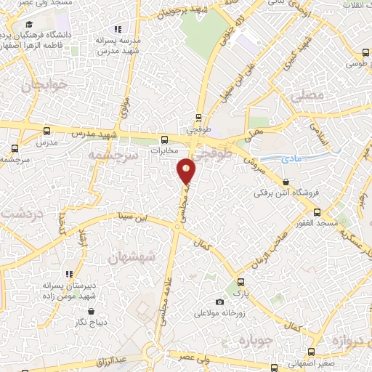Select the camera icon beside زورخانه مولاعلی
(x=219, y=302)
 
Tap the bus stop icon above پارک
(x=241, y=280)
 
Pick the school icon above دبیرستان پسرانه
(x=68, y=274)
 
